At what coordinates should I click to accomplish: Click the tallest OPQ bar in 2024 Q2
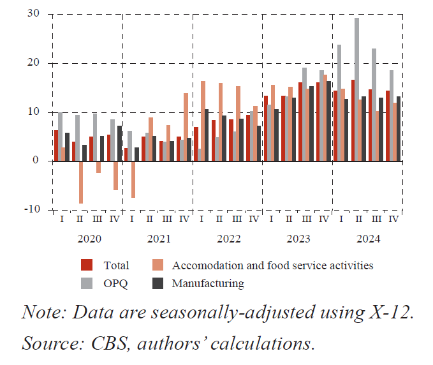pos(356,89)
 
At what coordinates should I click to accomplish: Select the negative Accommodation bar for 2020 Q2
pos(81,182)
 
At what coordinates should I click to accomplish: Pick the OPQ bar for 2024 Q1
pos(339,103)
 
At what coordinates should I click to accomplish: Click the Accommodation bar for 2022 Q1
pos(203,121)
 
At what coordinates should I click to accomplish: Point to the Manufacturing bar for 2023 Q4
pos(328,121)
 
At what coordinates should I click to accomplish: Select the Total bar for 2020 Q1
pos(56,145)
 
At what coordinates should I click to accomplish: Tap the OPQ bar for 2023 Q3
pos(305,114)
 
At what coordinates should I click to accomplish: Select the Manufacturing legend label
pos(207,283)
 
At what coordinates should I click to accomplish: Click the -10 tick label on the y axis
pos(31,209)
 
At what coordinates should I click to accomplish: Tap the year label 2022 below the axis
pos(228,239)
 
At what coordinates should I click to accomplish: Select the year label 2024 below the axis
pos(367,239)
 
